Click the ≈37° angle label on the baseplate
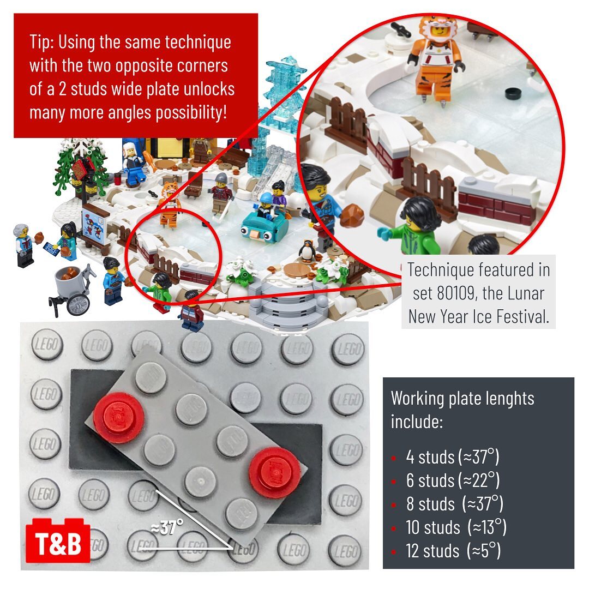tap(167, 527)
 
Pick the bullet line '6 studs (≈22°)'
tap(452, 480)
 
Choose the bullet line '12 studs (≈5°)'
tap(453, 551)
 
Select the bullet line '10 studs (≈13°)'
tap(456, 527)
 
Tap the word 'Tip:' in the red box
tap(43, 41)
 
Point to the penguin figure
tap(307, 250)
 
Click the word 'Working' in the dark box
tap(417, 398)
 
